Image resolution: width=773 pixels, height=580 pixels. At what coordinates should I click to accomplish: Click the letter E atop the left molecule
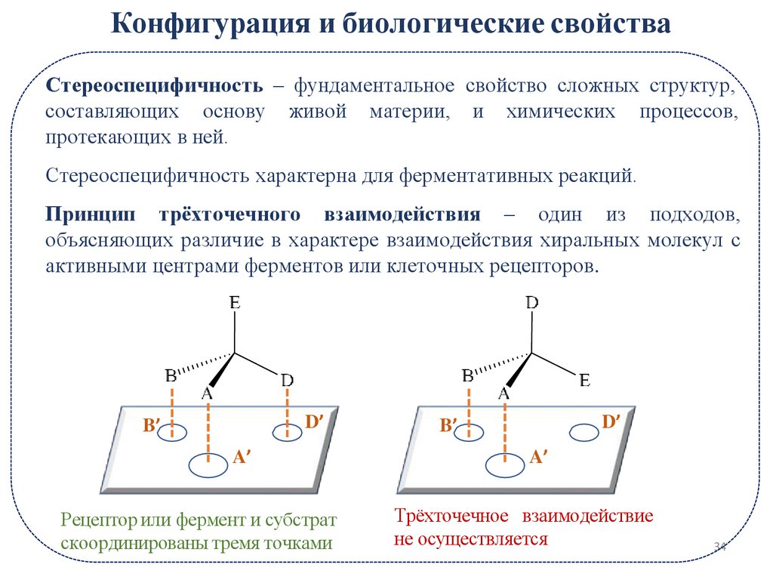(235, 304)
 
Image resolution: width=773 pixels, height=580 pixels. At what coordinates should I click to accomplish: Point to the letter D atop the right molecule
(532, 303)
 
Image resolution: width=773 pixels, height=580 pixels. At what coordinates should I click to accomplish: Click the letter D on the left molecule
(287, 381)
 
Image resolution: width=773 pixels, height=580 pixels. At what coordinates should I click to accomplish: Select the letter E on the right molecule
(584, 381)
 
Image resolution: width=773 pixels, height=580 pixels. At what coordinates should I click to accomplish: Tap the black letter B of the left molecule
(171, 375)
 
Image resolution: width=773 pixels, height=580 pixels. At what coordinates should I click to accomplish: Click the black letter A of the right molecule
(504, 393)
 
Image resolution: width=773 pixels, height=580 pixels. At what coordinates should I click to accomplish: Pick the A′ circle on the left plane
(208, 464)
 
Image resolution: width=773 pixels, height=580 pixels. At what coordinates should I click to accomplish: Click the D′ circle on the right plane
(584, 433)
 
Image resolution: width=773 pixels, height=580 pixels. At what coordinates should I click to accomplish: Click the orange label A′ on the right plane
(537, 456)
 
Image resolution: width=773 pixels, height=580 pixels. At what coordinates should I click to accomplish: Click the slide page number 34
(718, 546)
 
